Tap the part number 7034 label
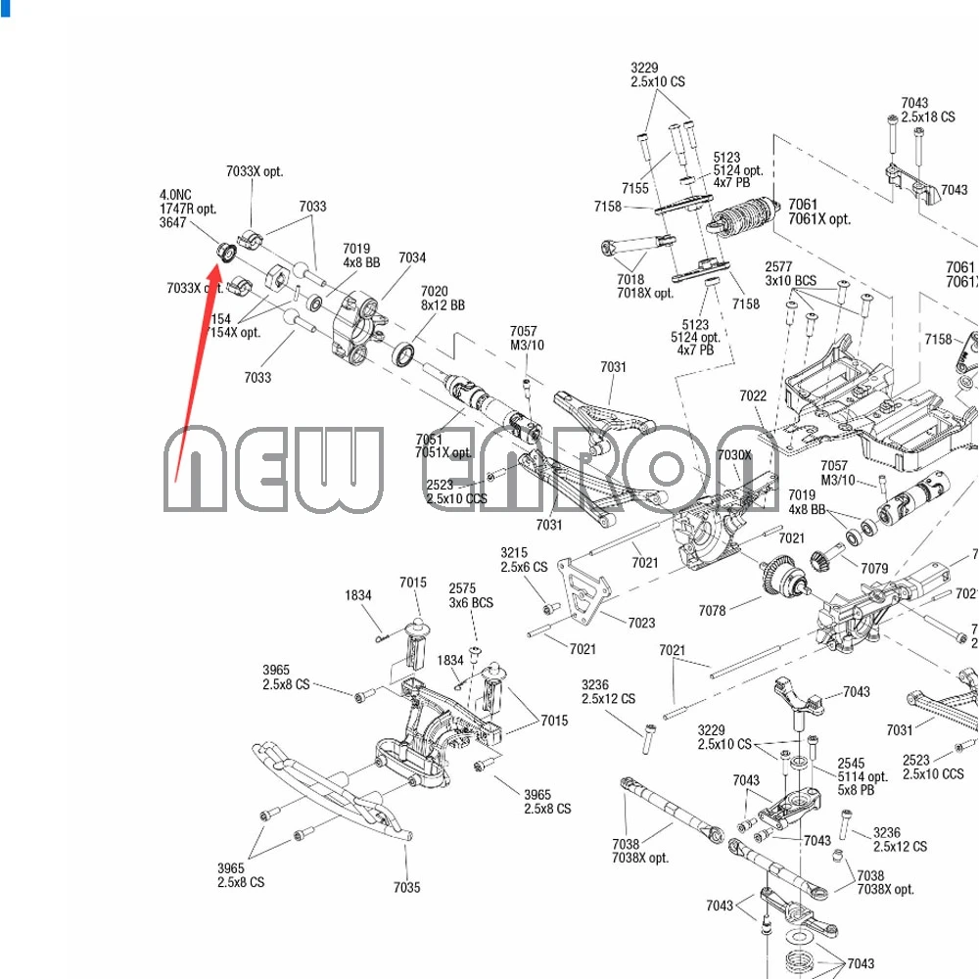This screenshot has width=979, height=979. (412, 257)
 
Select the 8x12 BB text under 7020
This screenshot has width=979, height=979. (443, 305)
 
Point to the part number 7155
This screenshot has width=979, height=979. (634, 188)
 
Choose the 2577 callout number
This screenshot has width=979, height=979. (778, 266)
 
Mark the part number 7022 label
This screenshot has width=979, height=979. (753, 396)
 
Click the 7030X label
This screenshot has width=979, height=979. (734, 455)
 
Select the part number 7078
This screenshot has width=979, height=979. (712, 611)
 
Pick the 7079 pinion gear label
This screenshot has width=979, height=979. (874, 568)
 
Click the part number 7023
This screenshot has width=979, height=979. (641, 623)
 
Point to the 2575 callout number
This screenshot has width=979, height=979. (462, 588)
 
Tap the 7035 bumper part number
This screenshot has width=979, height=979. (407, 888)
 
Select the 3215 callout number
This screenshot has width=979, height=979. (514, 553)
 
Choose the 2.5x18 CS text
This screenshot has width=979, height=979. (928, 117)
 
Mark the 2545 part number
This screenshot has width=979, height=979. (851, 764)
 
